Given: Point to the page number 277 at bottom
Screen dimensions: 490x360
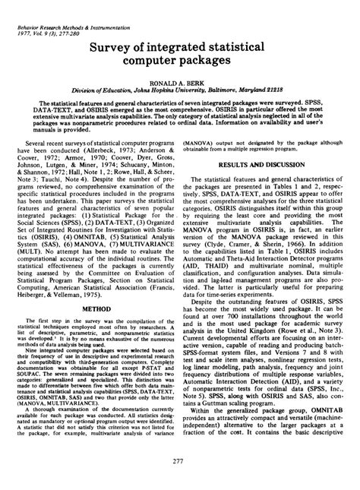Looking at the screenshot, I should pyautogui.click(x=181, y=463).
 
